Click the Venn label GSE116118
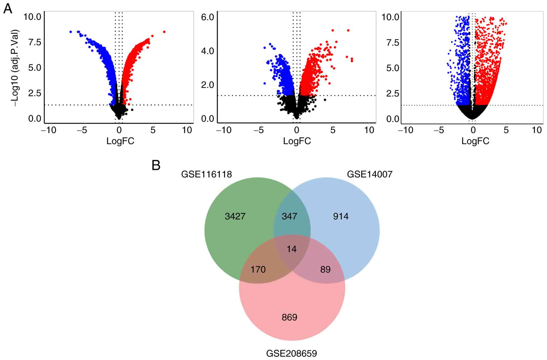[x=206, y=174]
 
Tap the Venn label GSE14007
[x=370, y=174]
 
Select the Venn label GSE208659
[x=292, y=353]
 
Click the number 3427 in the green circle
[x=235, y=216]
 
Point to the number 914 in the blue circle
[x=341, y=216]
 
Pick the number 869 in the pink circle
[x=289, y=317]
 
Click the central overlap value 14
[x=292, y=249]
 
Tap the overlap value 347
[x=289, y=216]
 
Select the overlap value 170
[x=258, y=270]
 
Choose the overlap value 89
[x=325, y=270]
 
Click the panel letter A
[x=8, y=9]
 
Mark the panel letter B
[x=156, y=165]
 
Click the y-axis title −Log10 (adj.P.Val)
[x=15, y=68]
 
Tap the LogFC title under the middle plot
[x=297, y=141]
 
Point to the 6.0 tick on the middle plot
[x=208, y=17]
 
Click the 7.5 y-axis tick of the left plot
[x=35, y=42]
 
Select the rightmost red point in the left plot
[x=164, y=32]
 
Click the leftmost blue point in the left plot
[x=71, y=32]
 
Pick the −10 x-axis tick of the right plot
[x=406, y=130]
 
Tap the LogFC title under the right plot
[x=475, y=141]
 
